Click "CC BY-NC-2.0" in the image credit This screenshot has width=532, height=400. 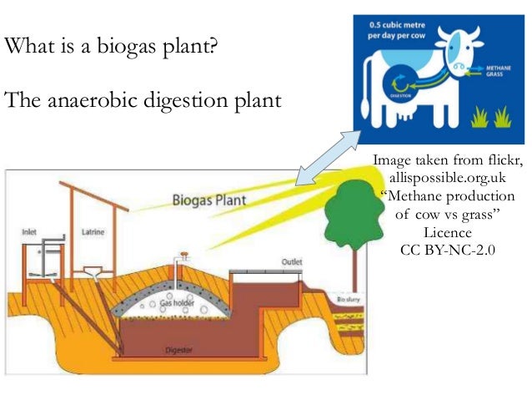pyautogui.click(x=447, y=248)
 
